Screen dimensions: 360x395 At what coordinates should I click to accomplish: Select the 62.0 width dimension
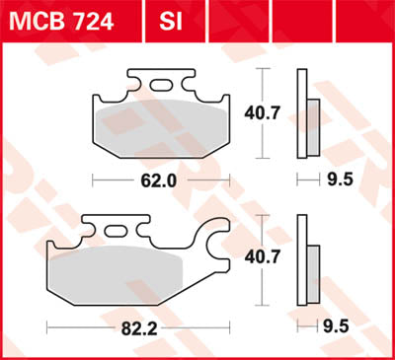pos(161,180)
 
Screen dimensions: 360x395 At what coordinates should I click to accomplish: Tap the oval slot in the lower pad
pos(116,231)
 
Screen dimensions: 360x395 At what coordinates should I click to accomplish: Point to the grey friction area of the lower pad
pos(116,271)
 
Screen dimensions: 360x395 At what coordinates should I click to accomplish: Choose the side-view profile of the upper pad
pos(310,116)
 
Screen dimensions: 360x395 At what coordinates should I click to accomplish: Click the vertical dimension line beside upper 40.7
pos(260,113)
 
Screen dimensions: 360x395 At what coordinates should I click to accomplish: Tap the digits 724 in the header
pos(97,20)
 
